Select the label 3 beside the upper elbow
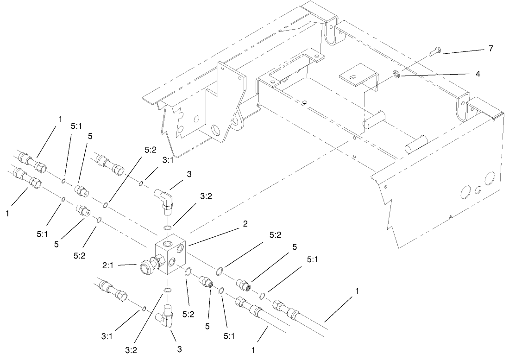point(189,174)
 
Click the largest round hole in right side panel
point(488,179)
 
